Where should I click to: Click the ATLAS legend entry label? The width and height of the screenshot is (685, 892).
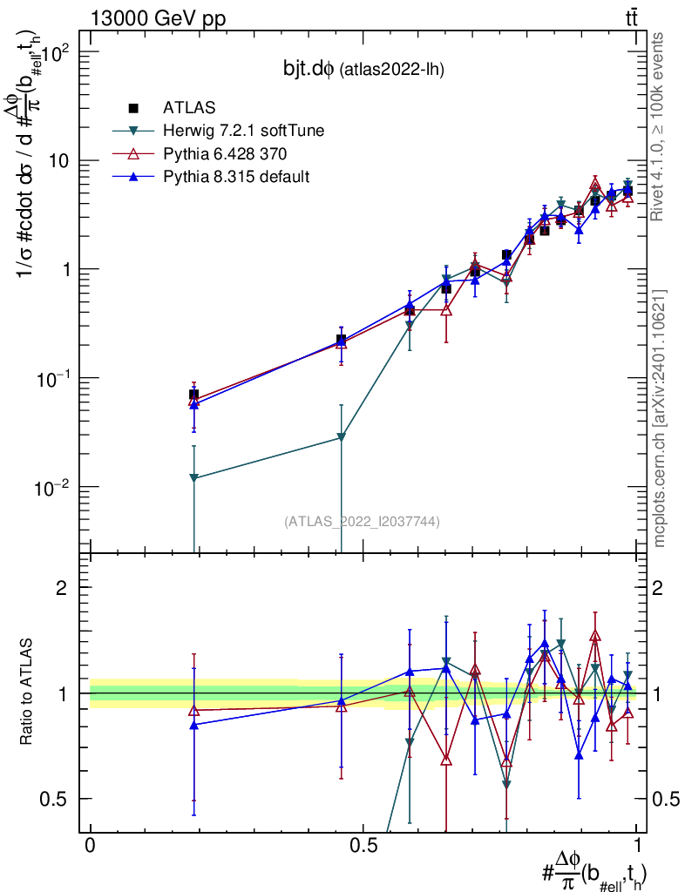pos(189,108)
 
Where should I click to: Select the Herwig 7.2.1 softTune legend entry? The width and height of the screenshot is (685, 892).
pos(232,132)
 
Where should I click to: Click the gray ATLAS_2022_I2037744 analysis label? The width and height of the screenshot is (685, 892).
pos(362,522)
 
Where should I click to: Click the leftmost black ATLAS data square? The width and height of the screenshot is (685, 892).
pos(193,395)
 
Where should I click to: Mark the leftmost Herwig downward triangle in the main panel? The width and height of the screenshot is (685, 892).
pos(193,478)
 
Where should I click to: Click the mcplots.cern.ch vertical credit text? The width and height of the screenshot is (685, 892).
pos(660,418)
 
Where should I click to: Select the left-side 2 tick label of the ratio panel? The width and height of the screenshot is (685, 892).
pos(62,588)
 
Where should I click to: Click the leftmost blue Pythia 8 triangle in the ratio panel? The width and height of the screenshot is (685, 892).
pos(193,725)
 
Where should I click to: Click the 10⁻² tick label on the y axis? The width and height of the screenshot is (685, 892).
pos(51,485)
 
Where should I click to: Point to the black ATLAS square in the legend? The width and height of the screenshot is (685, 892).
pos(133,108)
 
